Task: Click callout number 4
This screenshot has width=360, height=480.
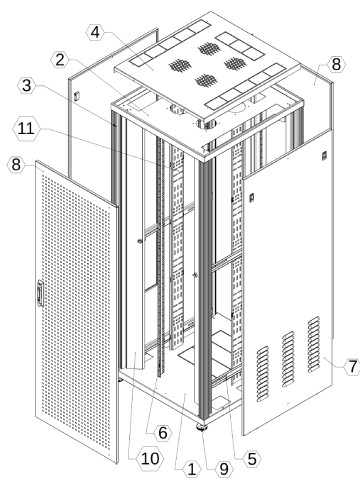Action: coord(95,33)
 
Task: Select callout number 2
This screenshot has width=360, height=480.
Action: coord(60,60)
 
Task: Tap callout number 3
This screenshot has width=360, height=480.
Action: coord(27,86)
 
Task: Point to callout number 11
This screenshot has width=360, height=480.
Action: coord(26,128)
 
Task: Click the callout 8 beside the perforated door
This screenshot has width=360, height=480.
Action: coord(16,165)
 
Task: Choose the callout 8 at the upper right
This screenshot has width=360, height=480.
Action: coord(336,64)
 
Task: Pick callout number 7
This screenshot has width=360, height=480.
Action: coord(352,366)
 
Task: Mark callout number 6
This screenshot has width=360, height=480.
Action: coord(163,432)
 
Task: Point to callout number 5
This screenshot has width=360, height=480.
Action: coord(252,459)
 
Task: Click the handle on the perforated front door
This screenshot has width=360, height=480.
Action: coord(40,293)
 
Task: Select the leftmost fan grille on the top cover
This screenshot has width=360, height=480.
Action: coord(180,65)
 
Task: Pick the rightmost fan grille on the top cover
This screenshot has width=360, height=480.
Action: coord(235,63)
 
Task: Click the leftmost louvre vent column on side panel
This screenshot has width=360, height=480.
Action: coord(263,373)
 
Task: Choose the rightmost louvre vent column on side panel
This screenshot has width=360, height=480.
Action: coord(314,344)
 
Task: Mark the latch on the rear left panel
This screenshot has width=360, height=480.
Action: coord(76,96)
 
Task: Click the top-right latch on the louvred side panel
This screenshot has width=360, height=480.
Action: coord(324,156)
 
